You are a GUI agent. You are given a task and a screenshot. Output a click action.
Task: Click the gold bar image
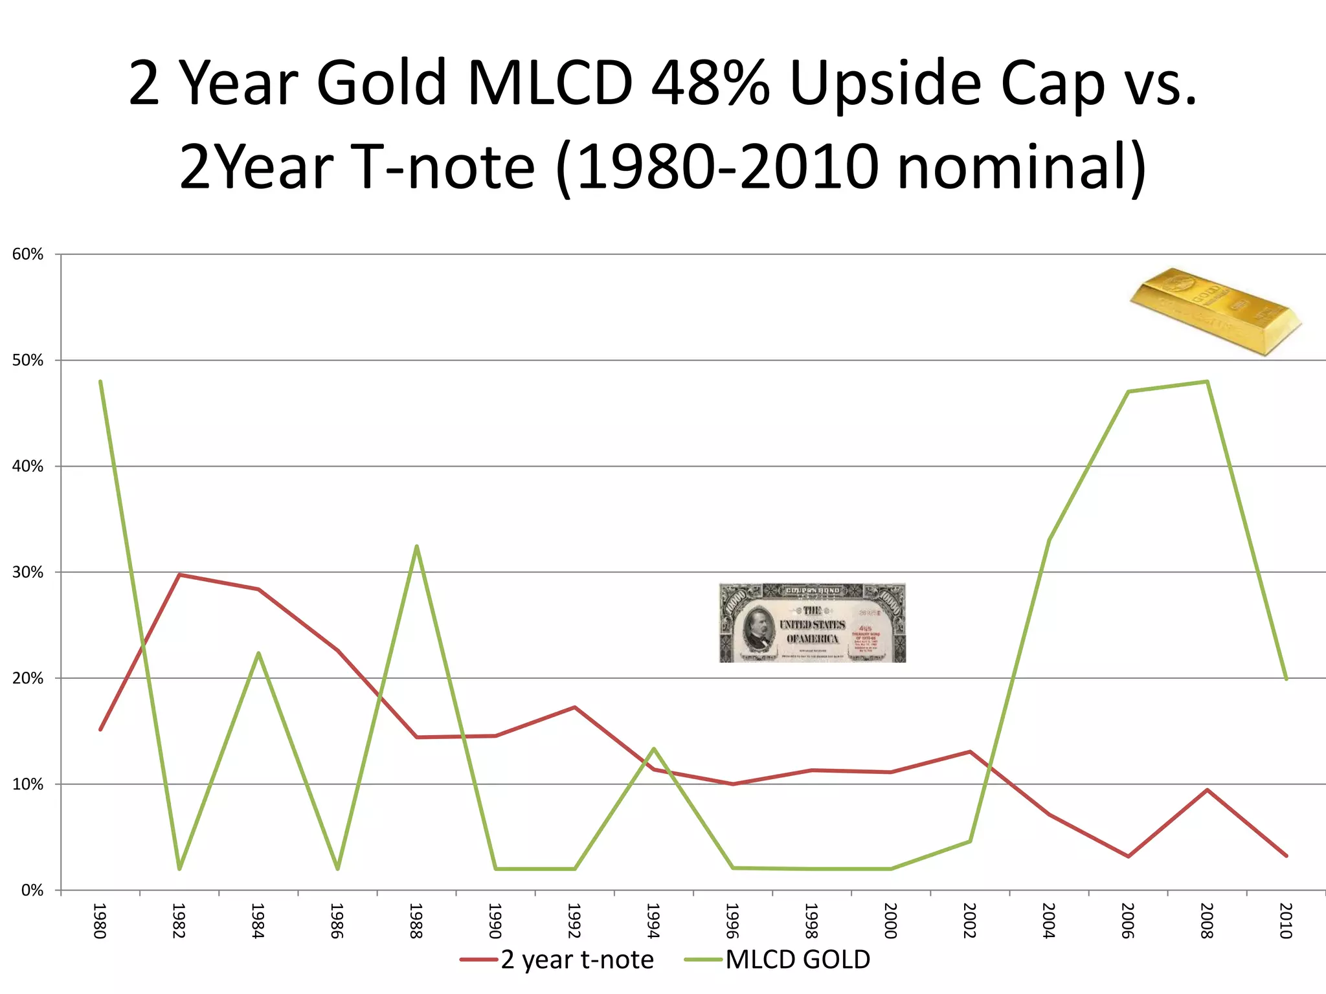point(1215,311)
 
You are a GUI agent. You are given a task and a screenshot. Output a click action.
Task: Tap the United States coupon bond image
point(812,623)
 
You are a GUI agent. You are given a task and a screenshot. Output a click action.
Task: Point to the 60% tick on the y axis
point(28,254)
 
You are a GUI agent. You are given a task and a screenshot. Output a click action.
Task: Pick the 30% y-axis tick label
point(28,572)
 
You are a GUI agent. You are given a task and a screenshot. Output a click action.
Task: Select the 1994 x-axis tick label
point(653,920)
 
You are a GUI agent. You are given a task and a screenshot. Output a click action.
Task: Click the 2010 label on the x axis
point(1286,920)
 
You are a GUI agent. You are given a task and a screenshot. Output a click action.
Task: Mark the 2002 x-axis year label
point(969,920)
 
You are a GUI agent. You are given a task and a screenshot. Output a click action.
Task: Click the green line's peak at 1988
point(416,546)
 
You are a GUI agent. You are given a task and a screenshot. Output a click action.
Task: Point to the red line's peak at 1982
point(179,575)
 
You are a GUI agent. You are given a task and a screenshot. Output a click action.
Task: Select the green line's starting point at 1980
point(100,382)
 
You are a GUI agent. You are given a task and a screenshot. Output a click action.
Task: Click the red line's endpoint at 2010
point(1286,856)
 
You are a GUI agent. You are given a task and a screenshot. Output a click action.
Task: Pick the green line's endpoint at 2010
point(1286,679)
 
